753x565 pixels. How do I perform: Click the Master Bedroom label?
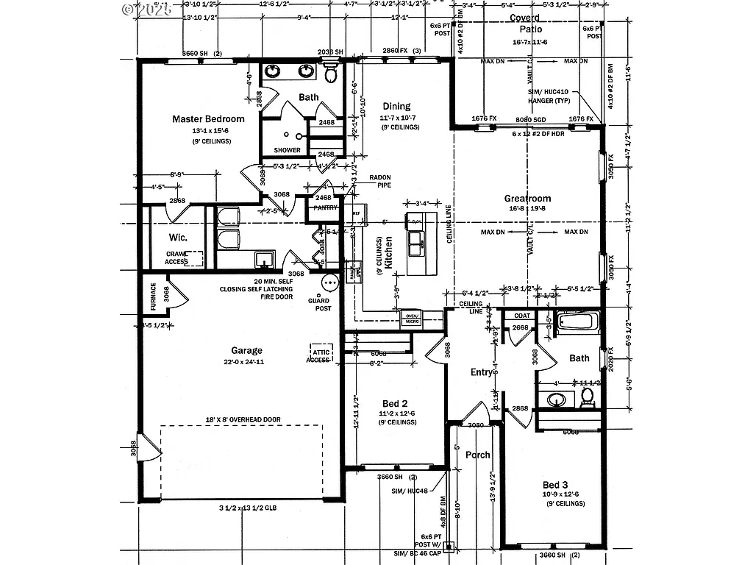208,118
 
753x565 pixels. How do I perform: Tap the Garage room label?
246,351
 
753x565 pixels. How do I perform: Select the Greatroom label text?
527,199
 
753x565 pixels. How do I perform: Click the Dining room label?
396,107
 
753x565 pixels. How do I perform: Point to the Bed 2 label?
395,404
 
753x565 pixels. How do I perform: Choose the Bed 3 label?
555,485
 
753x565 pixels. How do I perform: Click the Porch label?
477,455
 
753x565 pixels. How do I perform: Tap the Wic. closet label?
178,238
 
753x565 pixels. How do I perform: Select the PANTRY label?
324,207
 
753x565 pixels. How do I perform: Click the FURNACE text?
153,297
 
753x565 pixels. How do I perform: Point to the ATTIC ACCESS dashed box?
318,355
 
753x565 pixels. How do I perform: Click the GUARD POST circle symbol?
329,281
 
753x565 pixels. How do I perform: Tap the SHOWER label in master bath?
287,150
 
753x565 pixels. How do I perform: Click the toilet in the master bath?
331,74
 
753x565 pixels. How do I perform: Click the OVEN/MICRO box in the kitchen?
411,319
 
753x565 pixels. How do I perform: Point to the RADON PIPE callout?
379,181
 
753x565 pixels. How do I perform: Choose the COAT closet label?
522,316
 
